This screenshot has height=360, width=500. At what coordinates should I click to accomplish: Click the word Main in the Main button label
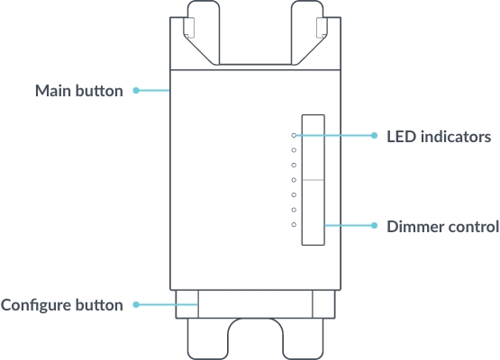coord(53,91)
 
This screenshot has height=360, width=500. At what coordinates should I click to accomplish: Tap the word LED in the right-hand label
coord(403,137)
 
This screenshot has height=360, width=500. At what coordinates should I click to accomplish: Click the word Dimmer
coord(413,225)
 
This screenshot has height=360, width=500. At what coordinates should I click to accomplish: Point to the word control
coord(471,225)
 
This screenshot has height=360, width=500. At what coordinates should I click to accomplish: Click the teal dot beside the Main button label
coord(135,91)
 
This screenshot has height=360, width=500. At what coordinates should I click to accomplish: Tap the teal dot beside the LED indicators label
coord(375,136)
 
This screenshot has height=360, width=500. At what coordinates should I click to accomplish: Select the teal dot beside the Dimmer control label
coord(375,224)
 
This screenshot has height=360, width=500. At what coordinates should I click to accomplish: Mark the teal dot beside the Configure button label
coord(135,304)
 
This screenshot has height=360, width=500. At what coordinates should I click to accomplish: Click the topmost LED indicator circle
coord(294,136)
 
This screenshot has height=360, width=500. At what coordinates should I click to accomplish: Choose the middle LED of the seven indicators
coord(294,180)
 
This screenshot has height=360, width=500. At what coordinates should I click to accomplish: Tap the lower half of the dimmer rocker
coord(313,212)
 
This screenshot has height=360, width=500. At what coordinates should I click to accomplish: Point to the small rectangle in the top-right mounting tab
coord(323,27)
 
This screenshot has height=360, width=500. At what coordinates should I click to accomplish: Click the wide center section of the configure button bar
coord(255,303)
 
